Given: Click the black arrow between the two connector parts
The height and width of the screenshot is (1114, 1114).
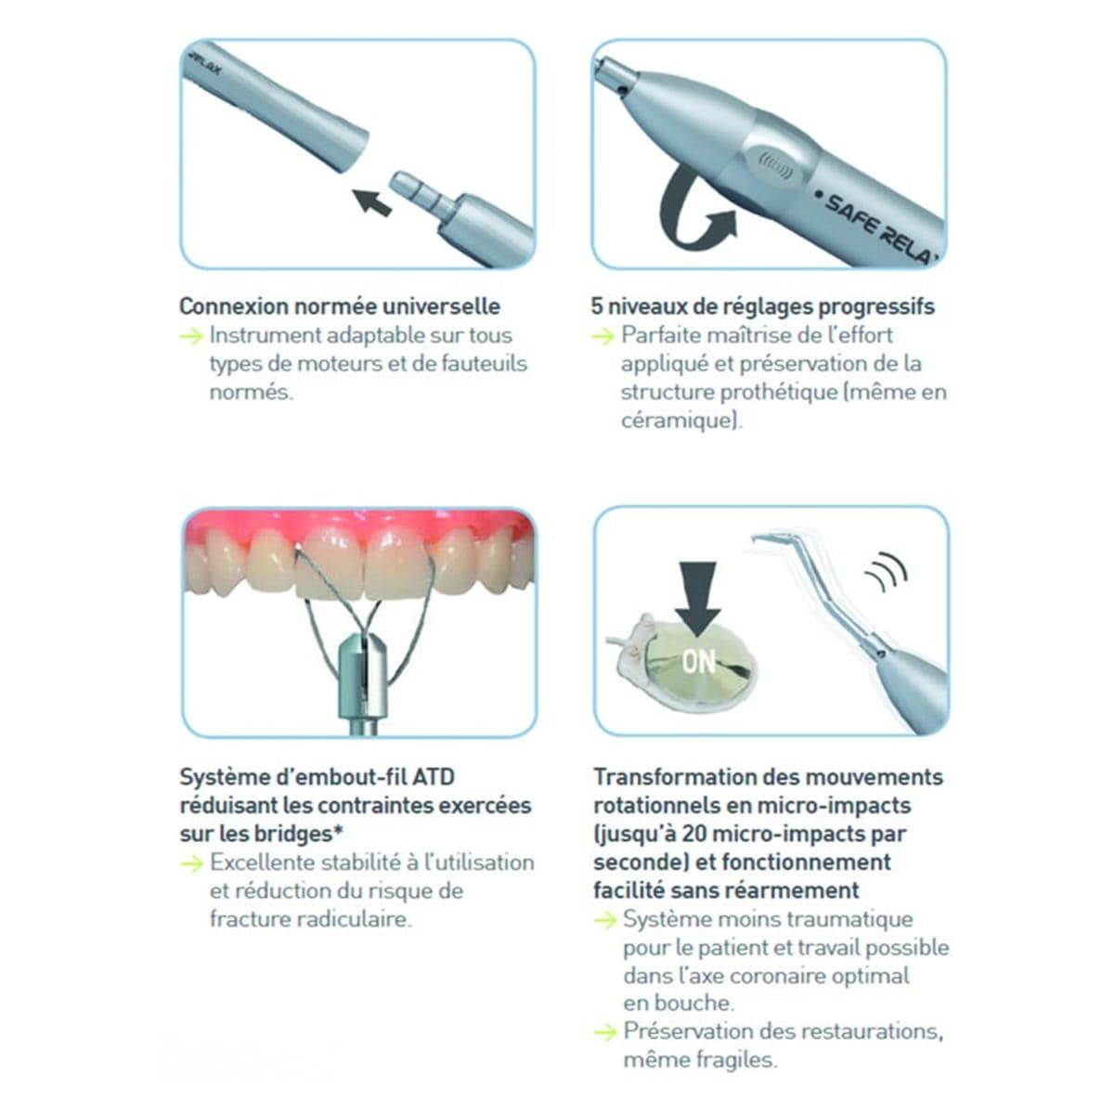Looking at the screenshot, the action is click(371, 202).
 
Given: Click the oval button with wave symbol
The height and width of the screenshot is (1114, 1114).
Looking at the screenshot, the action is click(774, 166).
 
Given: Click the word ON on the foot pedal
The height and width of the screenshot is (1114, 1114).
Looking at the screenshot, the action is click(698, 661).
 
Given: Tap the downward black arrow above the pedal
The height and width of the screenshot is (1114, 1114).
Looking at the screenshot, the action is click(698, 600).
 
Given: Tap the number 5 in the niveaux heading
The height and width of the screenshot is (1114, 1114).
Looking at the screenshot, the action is click(597, 305).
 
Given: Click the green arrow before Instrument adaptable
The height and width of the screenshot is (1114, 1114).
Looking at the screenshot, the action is click(191, 335).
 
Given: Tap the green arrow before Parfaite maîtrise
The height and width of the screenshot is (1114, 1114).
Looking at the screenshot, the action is click(603, 335).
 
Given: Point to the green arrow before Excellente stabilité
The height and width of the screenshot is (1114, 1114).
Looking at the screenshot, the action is click(192, 863).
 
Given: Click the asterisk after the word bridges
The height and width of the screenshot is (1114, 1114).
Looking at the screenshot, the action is click(338, 830).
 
